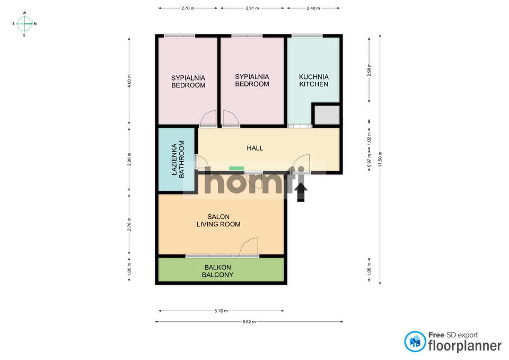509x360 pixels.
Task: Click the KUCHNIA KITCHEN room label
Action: coord(313,81)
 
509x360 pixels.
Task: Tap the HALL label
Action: coord(255,148)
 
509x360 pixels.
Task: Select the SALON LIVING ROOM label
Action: coord(218,221)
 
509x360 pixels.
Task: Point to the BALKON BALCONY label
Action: coord(217,271)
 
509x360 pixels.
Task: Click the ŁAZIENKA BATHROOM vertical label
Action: coord(178,159)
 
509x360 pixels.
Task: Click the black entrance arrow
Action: coord(301,192)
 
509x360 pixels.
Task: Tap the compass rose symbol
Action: coord(24,24)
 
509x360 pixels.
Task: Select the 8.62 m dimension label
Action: coord(249,322)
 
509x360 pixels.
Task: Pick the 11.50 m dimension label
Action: coord(380,160)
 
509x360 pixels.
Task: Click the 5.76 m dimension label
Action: coord(221,311)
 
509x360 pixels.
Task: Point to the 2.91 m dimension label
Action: coord(252,8)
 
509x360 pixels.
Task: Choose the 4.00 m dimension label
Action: coord(129,81)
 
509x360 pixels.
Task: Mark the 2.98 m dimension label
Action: coord(369,70)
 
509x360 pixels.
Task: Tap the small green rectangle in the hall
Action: coord(236,168)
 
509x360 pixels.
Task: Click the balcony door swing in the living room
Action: coord(249,247)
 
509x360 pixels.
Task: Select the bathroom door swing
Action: coord(201,161)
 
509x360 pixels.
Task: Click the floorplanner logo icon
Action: coord(415,341)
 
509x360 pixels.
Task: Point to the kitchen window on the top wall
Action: coord(307,36)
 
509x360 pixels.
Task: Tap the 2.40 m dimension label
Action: coord(313,8)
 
